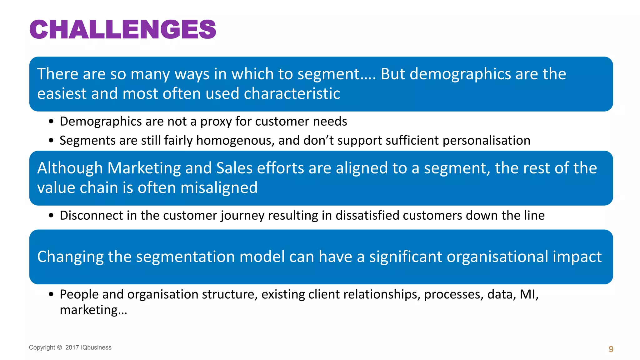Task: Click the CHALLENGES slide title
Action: pyautogui.click(x=122, y=30)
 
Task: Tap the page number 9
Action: pyautogui.click(x=611, y=349)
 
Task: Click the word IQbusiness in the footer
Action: pyautogui.click(x=96, y=347)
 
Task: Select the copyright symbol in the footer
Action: pyautogui.click(x=60, y=347)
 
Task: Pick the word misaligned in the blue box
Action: pyautogui.click(x=219, y=188)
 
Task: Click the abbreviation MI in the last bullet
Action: pyautogui.click(x=528, y=294)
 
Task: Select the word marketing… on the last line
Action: pyautogui.click(x=93, y=310)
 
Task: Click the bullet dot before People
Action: pyautogui.click(x=51, y=294)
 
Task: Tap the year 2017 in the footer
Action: pyautogui.click(x=72, y=347)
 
